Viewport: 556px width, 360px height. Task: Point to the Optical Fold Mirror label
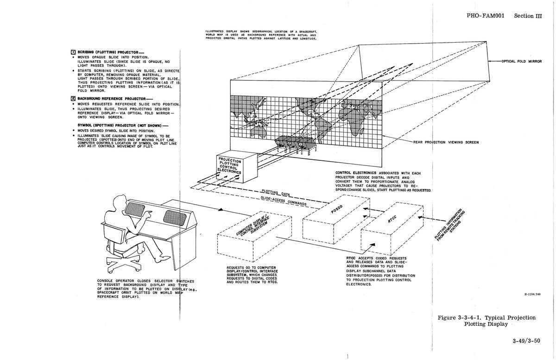[x=519, y=61]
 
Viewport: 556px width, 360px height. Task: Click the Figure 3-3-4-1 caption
[x=486, y=321]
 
